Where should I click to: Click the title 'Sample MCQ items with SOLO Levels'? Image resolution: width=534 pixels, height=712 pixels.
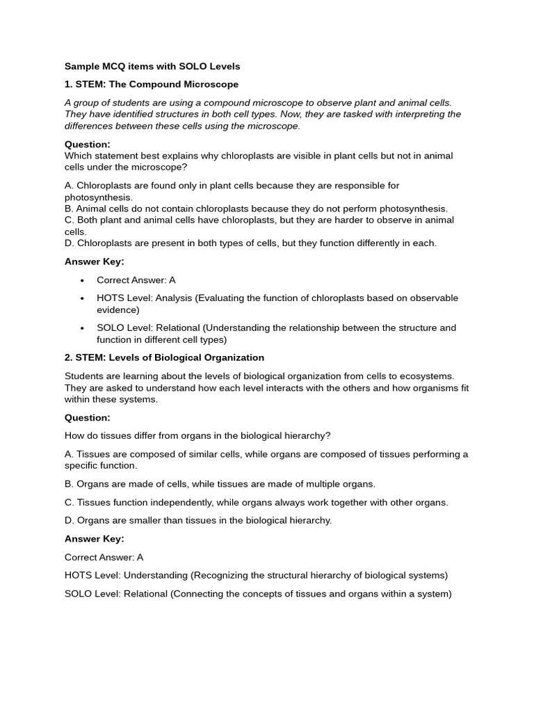coord(152,67)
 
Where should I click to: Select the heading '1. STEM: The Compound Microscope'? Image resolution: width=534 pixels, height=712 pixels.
coord(152,85)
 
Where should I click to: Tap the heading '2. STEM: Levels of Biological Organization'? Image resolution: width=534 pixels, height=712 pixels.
coord(164,358)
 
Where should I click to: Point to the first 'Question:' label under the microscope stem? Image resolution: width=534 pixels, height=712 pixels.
coord(88,145)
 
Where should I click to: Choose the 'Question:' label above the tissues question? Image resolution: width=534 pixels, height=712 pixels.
coord(88,418)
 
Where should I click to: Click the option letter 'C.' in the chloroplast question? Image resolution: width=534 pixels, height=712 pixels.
coord(70,220)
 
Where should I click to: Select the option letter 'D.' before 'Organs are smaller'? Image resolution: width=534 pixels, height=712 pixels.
coord(70,521)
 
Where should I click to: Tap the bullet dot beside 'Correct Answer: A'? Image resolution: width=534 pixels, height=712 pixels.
coord(82,280)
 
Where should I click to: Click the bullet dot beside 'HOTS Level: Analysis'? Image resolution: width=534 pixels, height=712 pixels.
coord(82,298)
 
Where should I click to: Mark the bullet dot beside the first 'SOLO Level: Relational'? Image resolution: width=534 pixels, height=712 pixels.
coord(82,328)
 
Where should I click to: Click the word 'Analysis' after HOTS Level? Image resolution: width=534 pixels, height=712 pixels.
coord(173,298)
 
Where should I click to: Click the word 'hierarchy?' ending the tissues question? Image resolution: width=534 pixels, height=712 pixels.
coord(307,436)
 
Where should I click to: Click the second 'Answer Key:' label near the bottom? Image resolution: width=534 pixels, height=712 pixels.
coord(95,539)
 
